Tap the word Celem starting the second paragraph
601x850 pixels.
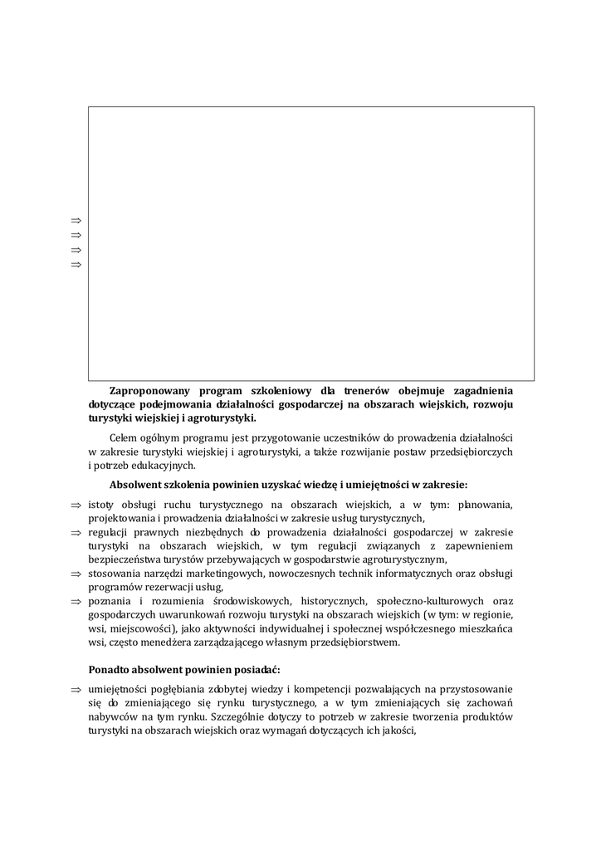(125, 437)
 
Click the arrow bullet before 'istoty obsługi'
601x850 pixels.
(76, 505)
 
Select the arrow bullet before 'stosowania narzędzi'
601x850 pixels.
(76, 573)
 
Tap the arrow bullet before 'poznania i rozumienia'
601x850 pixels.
(76, 601)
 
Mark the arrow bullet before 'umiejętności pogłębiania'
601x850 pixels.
(76, 689)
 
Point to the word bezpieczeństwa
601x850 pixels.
(126, 559)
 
